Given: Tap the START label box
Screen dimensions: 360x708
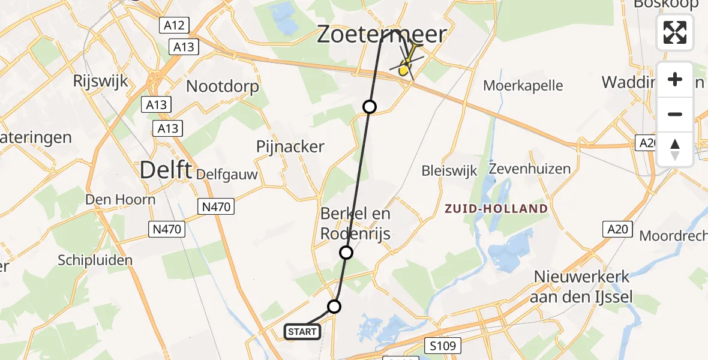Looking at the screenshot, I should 302,332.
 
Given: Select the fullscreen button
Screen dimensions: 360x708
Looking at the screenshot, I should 675,32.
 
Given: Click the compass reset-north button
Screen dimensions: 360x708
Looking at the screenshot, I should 675,149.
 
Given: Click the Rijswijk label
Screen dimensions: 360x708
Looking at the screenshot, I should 100,81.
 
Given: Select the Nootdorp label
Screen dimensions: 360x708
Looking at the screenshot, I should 223,86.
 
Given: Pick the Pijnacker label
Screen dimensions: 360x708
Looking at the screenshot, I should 290,146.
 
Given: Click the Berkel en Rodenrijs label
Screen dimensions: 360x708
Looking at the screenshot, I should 355,223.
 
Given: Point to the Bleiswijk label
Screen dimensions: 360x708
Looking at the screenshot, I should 449,170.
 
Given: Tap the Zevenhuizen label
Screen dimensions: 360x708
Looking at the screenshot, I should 529,168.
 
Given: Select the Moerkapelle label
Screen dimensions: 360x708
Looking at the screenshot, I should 523,86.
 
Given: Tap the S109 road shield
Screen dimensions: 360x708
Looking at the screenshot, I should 444,346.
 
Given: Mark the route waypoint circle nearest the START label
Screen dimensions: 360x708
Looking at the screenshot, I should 334,307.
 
